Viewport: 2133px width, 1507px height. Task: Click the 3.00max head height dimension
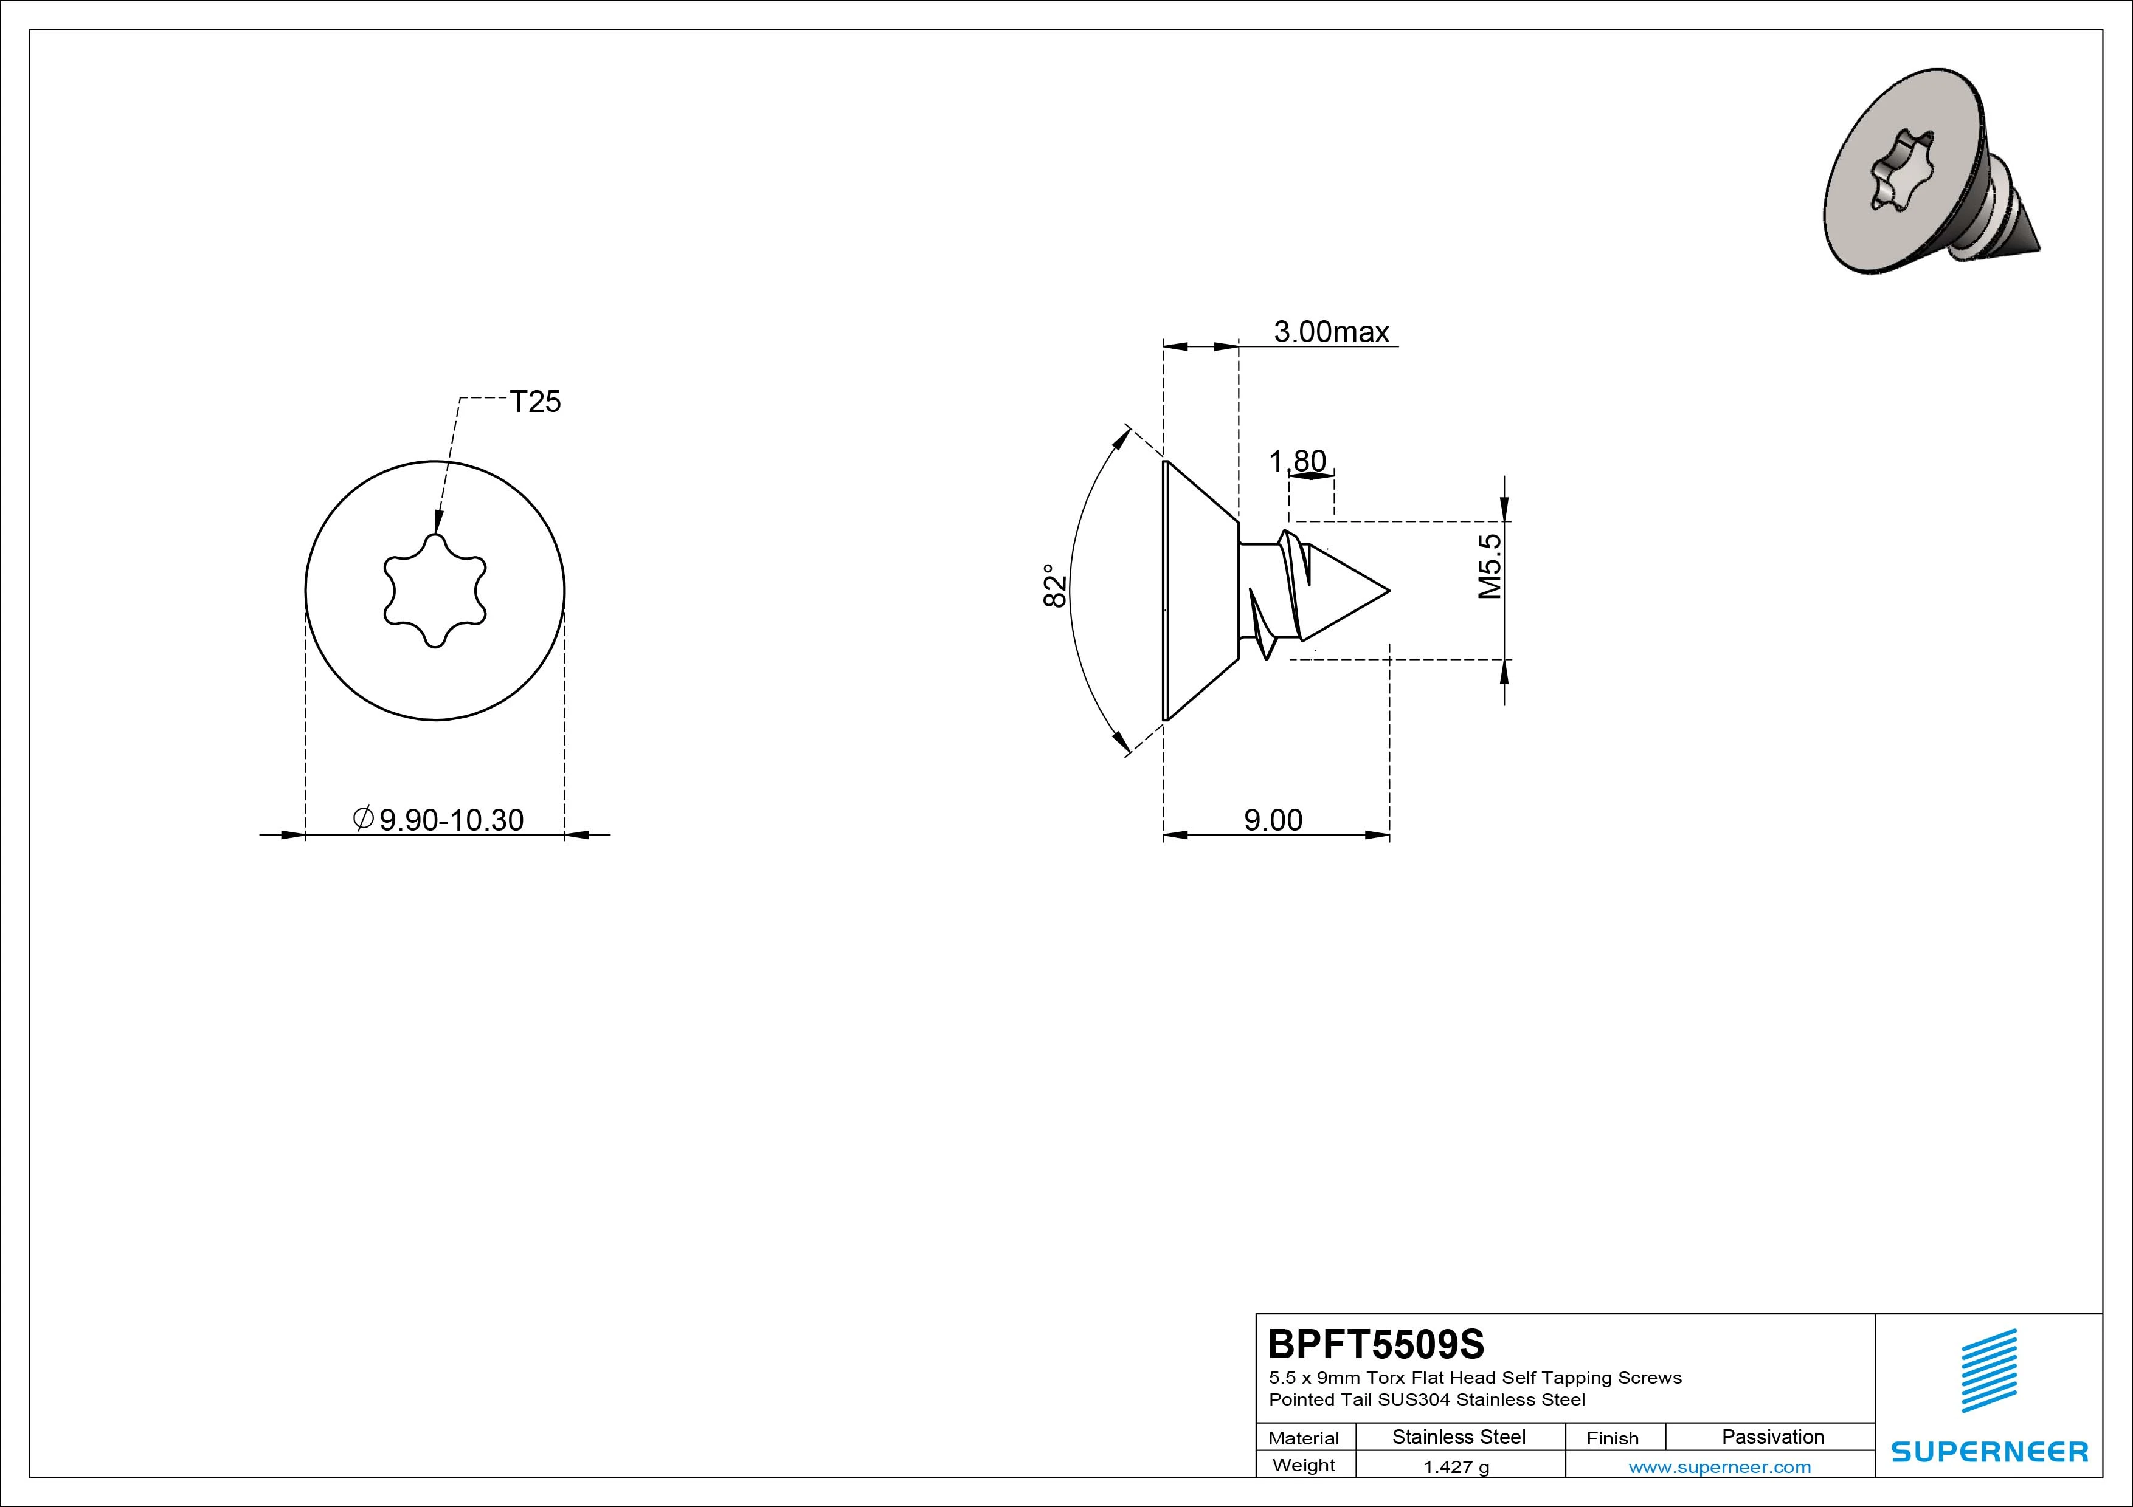(x=1330, y=332)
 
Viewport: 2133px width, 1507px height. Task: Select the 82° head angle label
(x=1054, y=586)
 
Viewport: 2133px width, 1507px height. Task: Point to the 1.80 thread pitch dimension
(x=1298, y=461)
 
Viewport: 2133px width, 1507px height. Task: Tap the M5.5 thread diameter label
(x=1490, y=566)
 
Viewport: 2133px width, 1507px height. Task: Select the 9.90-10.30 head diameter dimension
(x=438, y=820)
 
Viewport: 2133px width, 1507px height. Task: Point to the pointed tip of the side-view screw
(x=1389, y=591)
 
